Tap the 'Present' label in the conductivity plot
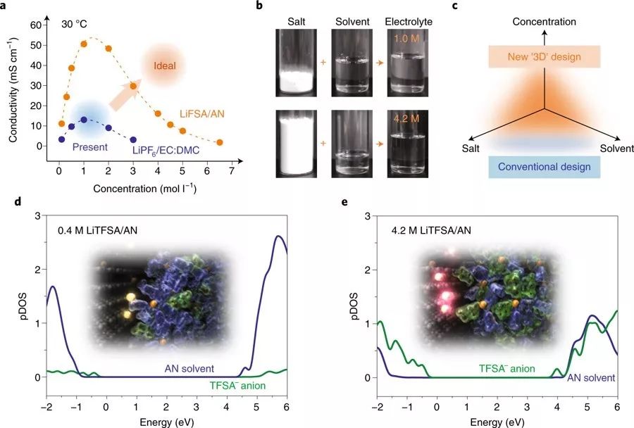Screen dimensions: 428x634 click(89, 147)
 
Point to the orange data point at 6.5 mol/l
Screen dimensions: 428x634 click(219, 142)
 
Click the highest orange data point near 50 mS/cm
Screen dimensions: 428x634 click(84, 44)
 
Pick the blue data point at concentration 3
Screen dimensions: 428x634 click(133, 139)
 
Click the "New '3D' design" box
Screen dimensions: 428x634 click(543, 56)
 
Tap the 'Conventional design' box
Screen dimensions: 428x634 click(543, 167)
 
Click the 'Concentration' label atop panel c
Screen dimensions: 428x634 click(544, 22)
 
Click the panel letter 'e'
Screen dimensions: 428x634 click(344, 203)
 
